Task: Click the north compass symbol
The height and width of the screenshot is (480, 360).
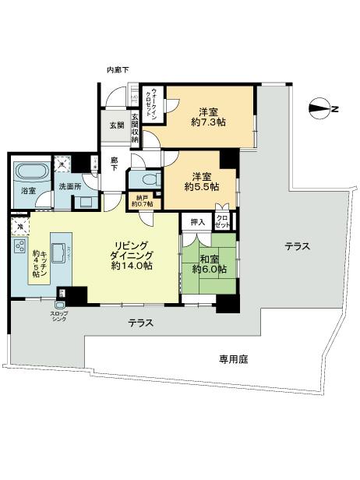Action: pos(320,109)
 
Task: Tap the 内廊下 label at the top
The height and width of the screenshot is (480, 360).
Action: pos(118,71)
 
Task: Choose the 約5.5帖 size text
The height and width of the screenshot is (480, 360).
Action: pos(201,187)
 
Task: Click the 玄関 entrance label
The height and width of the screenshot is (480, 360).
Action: pos(115,125)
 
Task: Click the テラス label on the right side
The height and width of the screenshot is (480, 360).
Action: pos(297,246)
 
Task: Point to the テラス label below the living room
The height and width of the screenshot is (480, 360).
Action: pos(139,323)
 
